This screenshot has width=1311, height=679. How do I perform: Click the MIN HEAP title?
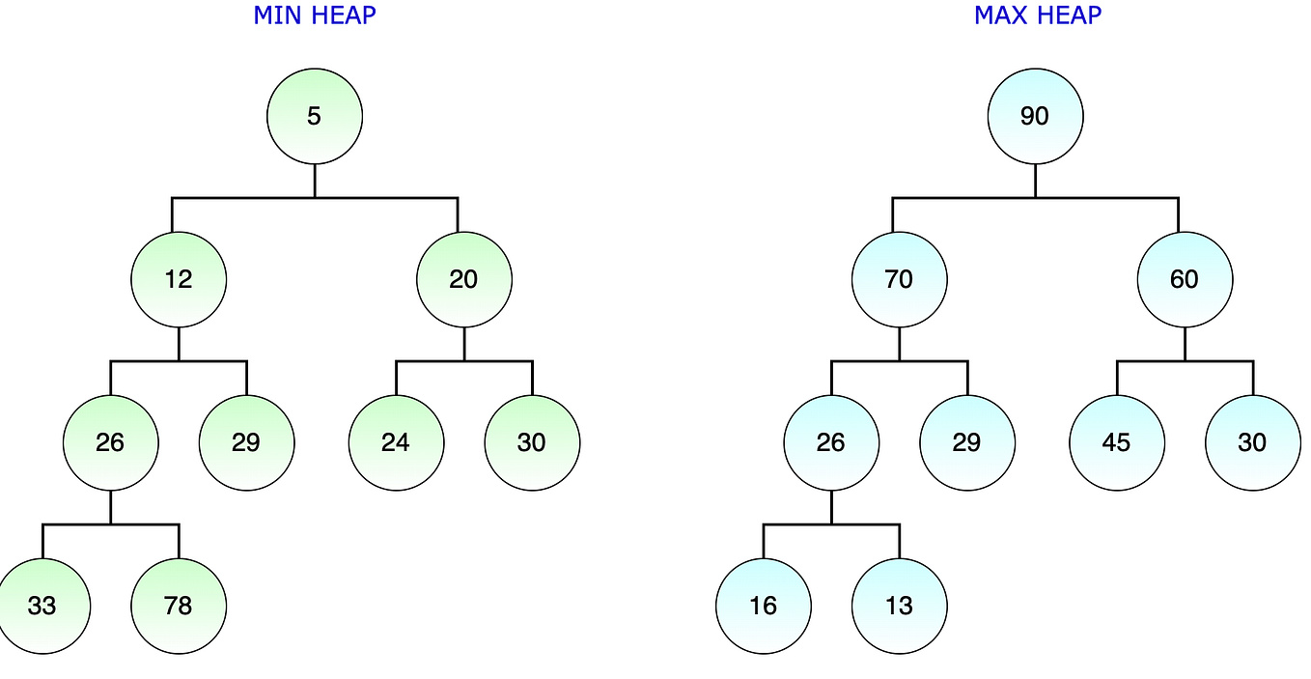[315, 15]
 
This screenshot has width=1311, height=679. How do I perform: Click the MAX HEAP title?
[1038, 15]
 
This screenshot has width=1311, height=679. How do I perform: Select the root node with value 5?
[315, 117]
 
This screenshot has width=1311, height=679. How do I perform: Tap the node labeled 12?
[179, 280]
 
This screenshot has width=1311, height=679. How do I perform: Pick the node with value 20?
[464, 280]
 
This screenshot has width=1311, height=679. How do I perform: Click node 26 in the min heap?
[110, 443]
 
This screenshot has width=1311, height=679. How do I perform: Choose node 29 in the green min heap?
[246, 443]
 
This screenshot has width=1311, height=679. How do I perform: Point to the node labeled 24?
[396, 443]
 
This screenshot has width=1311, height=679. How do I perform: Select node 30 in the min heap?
[532, 443]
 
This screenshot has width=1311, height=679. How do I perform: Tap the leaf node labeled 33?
[42, 607]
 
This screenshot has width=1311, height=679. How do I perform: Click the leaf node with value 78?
[179, 607]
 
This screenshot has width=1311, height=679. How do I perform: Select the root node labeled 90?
[1035, 117]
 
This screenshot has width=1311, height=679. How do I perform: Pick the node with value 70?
[899, 280]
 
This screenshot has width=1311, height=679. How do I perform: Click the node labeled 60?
[1185, 280]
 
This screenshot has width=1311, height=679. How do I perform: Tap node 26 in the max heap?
[831, 443]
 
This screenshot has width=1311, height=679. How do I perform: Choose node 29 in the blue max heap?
[967, 443]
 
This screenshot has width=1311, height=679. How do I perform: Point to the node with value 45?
[1117, 443]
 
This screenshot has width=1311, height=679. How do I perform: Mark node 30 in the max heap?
[1253, 443]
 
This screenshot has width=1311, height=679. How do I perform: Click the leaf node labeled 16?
[764, 607]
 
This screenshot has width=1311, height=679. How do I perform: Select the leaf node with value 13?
[899, 607]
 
